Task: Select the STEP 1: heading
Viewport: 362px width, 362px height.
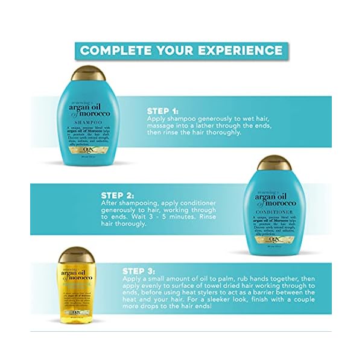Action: [163, 111]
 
